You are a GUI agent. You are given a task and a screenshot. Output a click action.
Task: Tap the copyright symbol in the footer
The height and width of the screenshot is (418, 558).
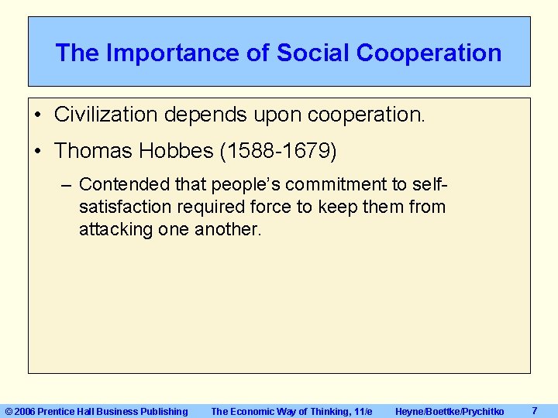[9, 411]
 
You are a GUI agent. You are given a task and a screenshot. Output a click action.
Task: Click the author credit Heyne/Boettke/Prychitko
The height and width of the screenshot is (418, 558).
[449, 411]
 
